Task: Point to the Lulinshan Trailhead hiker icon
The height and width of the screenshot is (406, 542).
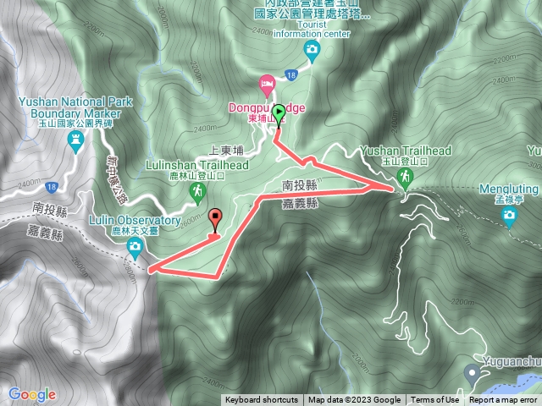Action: click(x=198, y=192)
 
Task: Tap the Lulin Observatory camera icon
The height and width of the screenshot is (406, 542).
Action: click(x=135, y=247)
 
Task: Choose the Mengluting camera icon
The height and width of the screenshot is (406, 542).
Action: click(x=509, y=216)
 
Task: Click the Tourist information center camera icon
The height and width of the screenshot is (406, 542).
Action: click(x=312, y=51)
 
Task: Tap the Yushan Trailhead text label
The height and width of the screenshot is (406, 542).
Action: click(x=405, y=150)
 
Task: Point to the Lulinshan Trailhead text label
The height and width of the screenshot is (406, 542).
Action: click(x=196, y=166)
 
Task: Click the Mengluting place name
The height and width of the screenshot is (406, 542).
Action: click(x=509, y=189)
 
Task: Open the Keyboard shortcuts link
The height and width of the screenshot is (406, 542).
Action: click(x=261, y=400)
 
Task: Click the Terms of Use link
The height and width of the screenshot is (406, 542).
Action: click(x=435, y=400)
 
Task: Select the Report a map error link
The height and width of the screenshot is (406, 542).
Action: click(x=503, y=400)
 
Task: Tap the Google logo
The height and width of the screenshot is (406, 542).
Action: click(x=32, y=394)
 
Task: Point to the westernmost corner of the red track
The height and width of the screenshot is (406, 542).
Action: click(x=150, y=271)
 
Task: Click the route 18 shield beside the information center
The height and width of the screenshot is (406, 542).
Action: click(x=290, y=76)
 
